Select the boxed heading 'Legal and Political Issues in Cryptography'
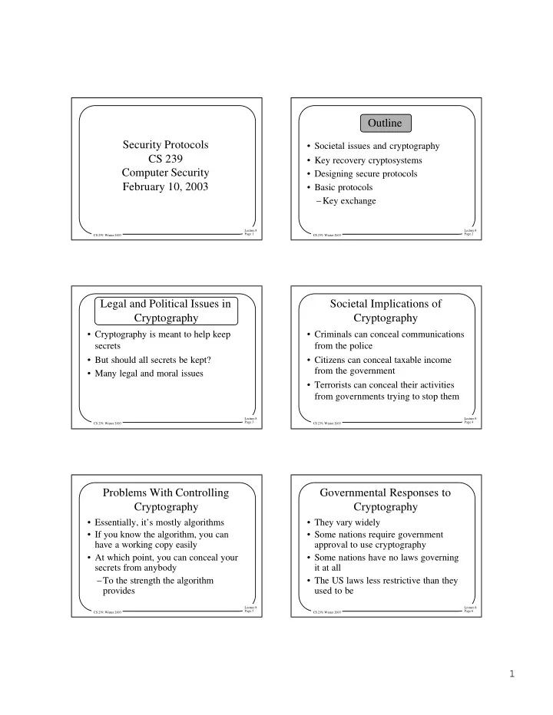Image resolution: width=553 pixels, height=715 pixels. tap(167, 311)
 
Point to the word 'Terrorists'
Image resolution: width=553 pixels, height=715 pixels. tap(339, 385)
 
